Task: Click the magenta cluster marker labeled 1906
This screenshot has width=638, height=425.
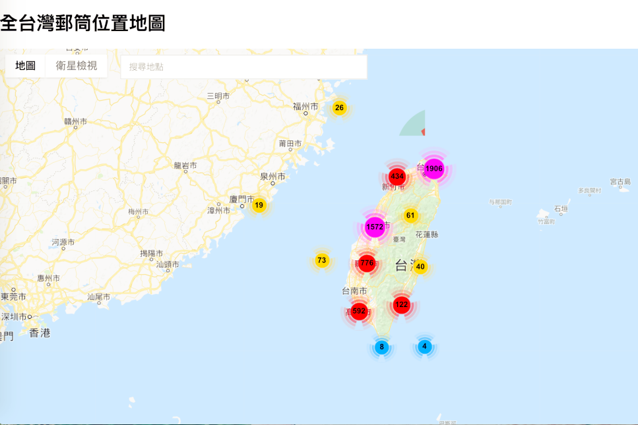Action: [433, 169]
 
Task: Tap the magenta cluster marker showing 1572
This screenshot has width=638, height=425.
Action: [375, 227]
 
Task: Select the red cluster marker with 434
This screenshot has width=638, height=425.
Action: [397, 177]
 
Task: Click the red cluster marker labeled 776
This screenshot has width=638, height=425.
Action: [367, 263]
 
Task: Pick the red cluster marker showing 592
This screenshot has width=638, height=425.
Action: [359, 311]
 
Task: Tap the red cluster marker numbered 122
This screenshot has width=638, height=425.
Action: [402, 304]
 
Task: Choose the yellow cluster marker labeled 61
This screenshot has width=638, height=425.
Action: [410, 215]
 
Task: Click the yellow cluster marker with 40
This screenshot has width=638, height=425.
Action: [420, 267]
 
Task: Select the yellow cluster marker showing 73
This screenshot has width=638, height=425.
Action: [322, 260]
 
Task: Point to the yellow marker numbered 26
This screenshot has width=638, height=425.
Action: [339, 108]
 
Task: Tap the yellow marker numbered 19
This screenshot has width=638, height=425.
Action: [259, 206]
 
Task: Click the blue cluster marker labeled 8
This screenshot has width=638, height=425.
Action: [381, 347]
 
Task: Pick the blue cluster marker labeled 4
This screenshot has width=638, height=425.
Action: [424, 347]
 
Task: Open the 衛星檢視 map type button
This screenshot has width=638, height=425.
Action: [77, 66]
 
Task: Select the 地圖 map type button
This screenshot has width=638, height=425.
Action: [26, 66]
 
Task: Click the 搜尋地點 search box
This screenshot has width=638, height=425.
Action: [243, 67]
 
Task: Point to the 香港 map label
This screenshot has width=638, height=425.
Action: [40, 333]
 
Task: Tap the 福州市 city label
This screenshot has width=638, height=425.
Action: [305, 107]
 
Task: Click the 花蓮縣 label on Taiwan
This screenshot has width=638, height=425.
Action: [427, 235]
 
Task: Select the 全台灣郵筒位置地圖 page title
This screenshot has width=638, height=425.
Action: [82, 24]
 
